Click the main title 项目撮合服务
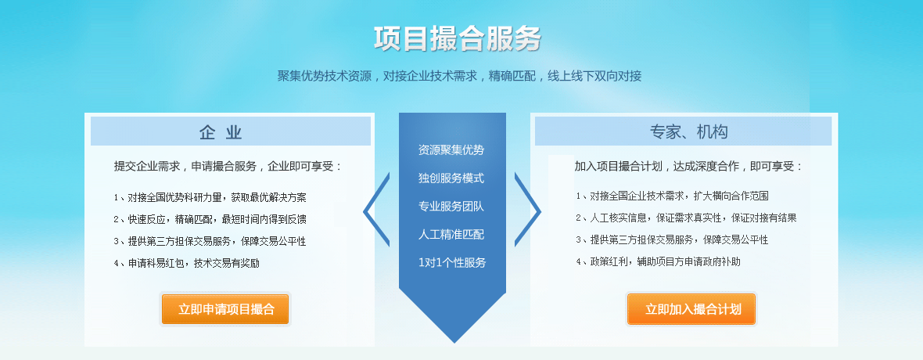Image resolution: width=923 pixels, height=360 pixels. pos(458,39)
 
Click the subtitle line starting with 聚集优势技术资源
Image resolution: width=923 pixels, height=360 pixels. pos(459,76)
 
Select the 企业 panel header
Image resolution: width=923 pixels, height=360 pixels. pos(231,131)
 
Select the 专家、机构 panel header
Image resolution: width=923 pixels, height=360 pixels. pos(684,131)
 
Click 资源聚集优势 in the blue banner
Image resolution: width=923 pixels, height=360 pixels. pos(451,149)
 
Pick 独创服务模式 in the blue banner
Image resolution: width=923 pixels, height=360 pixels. pos(451,178)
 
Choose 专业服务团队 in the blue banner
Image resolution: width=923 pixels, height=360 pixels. pos(451,207)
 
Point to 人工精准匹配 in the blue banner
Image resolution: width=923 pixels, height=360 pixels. pos(451,235)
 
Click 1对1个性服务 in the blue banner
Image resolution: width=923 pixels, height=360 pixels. pos(452,263)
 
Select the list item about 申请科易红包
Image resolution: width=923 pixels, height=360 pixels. pos(187,264)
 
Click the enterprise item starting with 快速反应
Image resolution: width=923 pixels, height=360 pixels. pos(210,219)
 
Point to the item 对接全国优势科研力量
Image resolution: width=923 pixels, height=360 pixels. pos(210,197)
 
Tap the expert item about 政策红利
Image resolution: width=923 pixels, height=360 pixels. pos(658,261)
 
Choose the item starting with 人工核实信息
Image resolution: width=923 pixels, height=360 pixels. pos(686,218)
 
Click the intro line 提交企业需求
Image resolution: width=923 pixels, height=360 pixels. pos(228,166)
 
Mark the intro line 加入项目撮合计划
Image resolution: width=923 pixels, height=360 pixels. pos(688,166)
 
